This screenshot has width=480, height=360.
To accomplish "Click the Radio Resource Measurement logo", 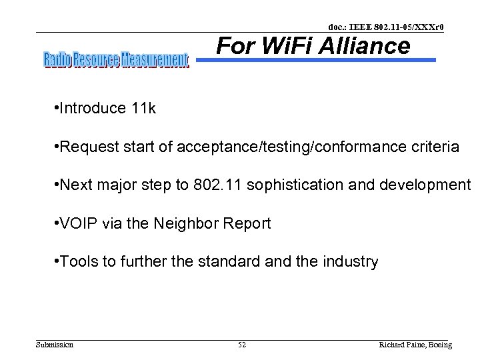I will click(116, 60).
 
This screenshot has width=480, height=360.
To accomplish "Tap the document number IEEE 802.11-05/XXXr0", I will click(386, 27).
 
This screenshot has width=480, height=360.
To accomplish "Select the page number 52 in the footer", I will click(242, 345).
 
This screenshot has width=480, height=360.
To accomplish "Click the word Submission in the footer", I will click(55, 345).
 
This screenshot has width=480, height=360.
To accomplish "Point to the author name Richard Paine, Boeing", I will click(415, 345).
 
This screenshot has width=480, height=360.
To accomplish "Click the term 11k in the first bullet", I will click(143, 109).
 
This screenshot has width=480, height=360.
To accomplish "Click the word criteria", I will click(435, 147).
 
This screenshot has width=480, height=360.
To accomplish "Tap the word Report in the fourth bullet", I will click(249, 223).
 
